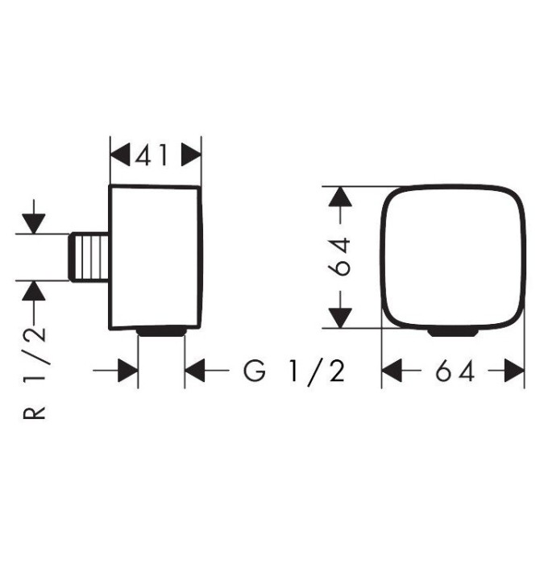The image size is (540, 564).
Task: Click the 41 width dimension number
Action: [x=152, y=155]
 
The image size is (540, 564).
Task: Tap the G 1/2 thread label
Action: [x=294, y=371]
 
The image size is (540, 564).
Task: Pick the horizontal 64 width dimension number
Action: [x=455, y=371]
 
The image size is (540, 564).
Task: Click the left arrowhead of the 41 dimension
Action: [x=120, y=155]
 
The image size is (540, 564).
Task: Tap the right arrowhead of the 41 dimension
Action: [x=191, y=155]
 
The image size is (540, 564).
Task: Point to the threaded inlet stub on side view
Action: [x=89, y=257]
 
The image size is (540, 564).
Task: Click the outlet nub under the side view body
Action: [x=161, y=332]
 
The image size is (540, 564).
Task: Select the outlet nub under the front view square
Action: [x=453, y=332]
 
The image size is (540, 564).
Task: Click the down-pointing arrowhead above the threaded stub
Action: [x=34, y=224]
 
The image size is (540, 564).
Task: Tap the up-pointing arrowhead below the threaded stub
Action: [x=34, y=291]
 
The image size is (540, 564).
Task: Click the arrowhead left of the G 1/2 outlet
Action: [x=128, y=371]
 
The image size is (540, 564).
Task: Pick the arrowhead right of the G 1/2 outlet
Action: [x=194, y=371]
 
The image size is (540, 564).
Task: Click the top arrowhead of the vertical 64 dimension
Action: [x=340, y=197]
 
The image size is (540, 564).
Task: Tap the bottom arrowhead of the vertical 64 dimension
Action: [x=340, y=318]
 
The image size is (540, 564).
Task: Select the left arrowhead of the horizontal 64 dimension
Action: [x=392, y=371]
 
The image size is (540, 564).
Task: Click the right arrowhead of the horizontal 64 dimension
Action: [x=514, y=371]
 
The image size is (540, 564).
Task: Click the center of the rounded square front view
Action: [x=453, y=257]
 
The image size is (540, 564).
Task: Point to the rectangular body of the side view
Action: [x=156, y=257]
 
